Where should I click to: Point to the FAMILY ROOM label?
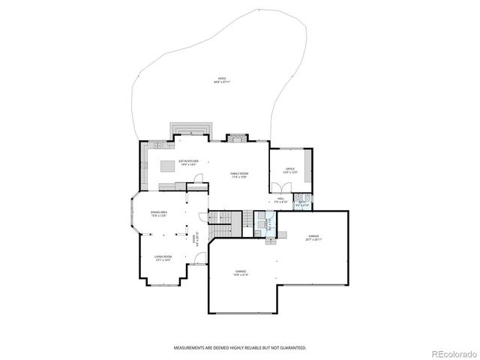pos(239,175)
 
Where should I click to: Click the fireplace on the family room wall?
pos(238,138)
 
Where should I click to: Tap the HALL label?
pos(280,200)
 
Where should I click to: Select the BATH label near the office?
pos(301,202)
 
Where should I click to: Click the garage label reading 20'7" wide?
pos(313,238)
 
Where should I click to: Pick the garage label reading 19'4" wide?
pos(241,272)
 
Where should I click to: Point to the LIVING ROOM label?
pos(163,259)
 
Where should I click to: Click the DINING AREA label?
pos(158,214)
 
